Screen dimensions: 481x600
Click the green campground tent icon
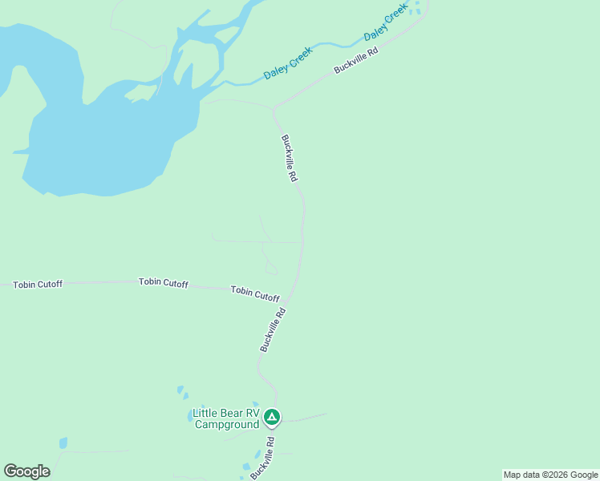[x=272, y=417]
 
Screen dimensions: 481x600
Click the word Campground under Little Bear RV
[x=227, y=424]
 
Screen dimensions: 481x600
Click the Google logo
[x=26, y=471]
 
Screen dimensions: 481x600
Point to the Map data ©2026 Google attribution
[x=550, y=475]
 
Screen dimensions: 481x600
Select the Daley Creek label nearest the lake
[x=288, y=63]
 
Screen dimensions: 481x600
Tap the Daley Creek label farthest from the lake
[x=386, y=26]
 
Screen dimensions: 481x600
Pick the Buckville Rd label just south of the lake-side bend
[x=290, y=157]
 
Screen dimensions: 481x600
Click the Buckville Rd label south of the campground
[x=262, y=457]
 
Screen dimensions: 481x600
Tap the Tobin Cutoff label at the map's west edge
[x=37, y=285]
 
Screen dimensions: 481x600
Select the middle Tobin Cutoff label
[x=163, y=282]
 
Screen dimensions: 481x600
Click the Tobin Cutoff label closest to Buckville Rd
[x=255, y=293]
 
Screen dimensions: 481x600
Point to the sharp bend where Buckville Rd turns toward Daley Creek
[x=274, y=109]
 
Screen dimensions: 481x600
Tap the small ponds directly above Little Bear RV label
[x=182, y=392]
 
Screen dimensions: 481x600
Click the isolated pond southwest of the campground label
[x=63, y=443]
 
